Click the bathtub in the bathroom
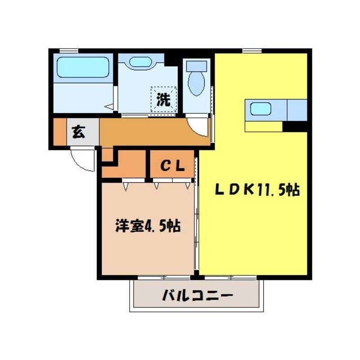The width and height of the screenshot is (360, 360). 83,67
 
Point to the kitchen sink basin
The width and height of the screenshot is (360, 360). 261,109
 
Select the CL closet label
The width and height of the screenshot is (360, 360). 172,166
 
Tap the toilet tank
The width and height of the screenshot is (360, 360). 197,66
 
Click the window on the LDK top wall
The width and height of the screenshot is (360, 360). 249,50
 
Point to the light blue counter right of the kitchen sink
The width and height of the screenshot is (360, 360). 297,110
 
